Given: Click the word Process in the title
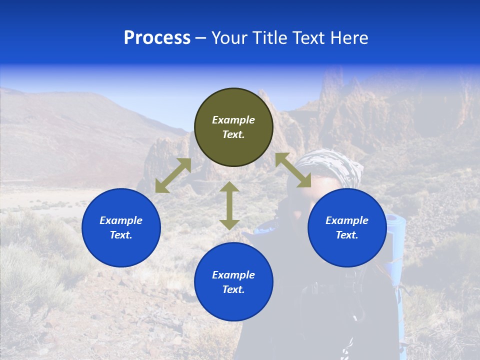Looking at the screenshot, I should pyautogui.click(x=157, y=38).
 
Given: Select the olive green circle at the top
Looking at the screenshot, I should pyautogui.click(x=233, y=127).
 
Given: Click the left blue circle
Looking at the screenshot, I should pyautogui.click(x=121, y=227).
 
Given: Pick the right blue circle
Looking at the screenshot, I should pyautogui.click(x=347, y=227).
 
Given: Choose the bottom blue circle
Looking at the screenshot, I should pyautogui.click(x=233, y=282).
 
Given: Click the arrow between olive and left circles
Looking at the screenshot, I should pyautogui.click(x=173, y=175).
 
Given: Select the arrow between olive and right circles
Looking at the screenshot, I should pyautogui.click(x=293, y=170).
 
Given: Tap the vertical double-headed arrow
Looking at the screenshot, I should pyautogui.click(x=229, y=205).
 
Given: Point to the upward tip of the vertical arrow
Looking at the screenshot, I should pyautogui.click(x=229, y=184).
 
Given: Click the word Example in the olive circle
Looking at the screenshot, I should pyautogui.click(x=233, y=120).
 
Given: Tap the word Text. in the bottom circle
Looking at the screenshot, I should pyautogui.click(x=233, y=289).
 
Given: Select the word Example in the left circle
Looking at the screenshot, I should pyautogui.click(x=121, y=220).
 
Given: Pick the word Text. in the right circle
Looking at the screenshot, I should pyautogui.click(x=347, y=235).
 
